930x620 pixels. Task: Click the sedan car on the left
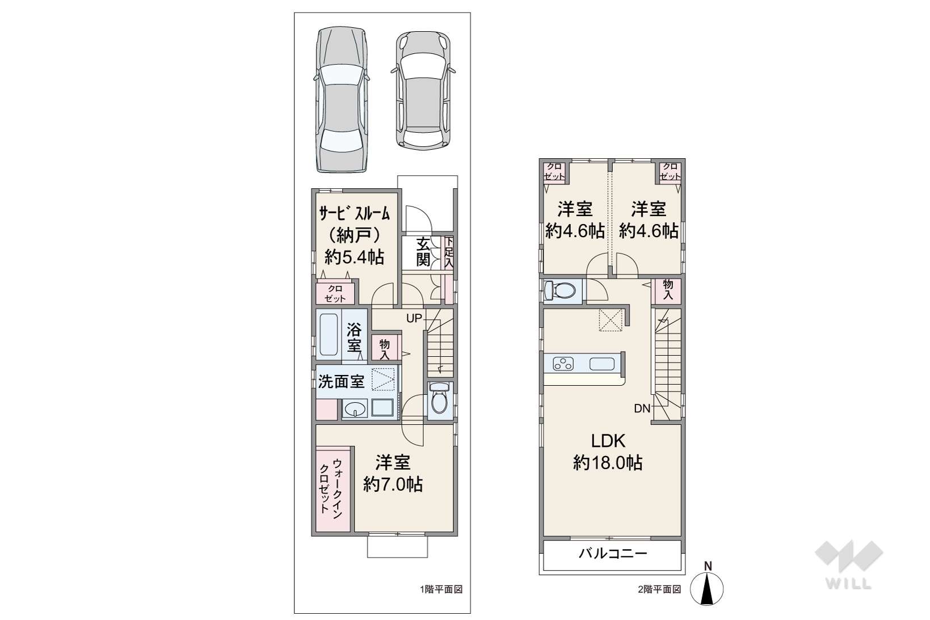coord(342,100)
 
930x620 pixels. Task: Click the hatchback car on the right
coord(423,90)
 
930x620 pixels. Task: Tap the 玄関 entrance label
coord(423,252)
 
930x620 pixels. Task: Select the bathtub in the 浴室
coord(329,335)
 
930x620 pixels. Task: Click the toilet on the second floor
coord(559,290)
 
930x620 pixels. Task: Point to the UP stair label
coord(414,318)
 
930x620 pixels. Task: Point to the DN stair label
coord(642,409)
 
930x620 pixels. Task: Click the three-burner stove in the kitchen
coord(563,364)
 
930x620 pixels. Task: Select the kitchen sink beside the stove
coord(602,364)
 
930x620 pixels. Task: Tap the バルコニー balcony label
coord(613,554)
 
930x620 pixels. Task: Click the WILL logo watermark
coord(849,565)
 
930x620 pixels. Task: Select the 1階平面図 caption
coord(441,589)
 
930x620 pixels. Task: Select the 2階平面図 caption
coord(659,589)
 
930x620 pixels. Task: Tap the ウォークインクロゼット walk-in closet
coord(333,490)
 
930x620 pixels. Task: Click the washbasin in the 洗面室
coord(354,409)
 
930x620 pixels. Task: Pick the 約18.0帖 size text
coord(608,463)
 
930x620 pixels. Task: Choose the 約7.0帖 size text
coord(393,484)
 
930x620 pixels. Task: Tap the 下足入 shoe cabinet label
coord(449,253)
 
